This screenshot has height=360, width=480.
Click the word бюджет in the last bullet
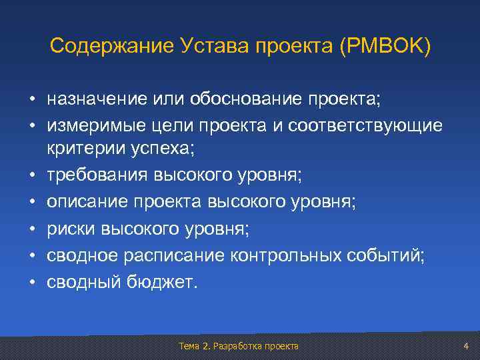point(162,281)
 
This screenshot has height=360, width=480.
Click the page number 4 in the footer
point(466,346)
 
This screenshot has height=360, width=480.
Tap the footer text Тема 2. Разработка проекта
point(239,346)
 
